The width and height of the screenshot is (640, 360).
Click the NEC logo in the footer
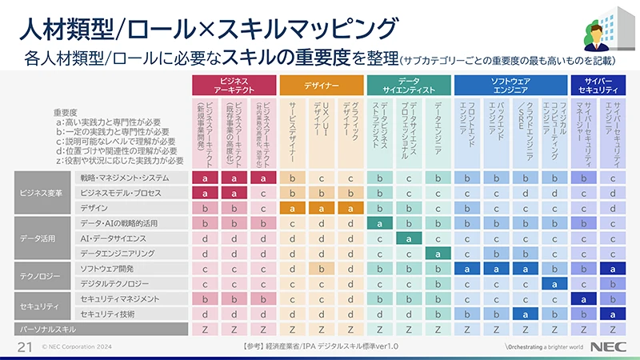(612, 346)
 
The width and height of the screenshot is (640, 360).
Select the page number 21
(23, 346)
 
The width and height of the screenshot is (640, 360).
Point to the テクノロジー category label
(39, 275)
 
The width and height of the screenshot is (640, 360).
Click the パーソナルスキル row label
(43, 328)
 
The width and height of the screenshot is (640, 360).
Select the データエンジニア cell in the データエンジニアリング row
(438, 253)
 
